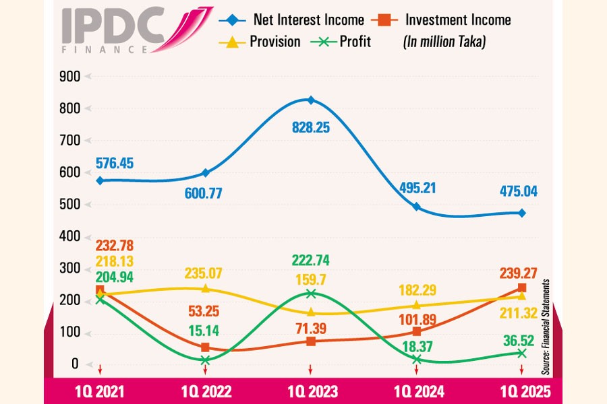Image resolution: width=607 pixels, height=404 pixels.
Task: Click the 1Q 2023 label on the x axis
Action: point(310,391)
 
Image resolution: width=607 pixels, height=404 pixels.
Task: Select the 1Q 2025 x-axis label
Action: point(521,391)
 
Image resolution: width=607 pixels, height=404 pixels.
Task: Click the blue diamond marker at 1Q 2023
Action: point(310,100)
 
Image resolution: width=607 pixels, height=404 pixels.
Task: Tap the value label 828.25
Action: point(310,127)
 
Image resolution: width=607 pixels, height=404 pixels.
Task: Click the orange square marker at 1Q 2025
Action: point(521,288)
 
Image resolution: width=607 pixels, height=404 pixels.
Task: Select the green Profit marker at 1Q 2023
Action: point(310,294)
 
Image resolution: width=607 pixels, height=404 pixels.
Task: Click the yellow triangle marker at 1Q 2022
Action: point(205,289)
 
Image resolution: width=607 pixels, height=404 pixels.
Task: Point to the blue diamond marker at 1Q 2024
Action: point(416,207)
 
